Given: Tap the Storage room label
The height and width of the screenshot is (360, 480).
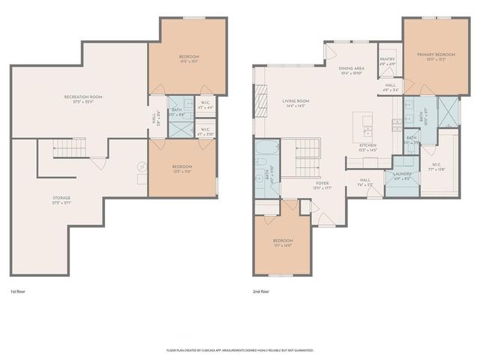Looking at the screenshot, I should (x=61, y=199).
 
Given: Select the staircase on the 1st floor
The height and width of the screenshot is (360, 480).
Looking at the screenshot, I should (x=71, y=150).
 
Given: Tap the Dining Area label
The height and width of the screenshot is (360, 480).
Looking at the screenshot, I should (x=352, y=69).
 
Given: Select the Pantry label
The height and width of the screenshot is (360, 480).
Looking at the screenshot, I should (x=388, y=61).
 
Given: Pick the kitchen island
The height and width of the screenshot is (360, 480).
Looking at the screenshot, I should (x=367, y=121).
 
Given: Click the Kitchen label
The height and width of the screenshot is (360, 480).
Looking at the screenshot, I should (x=367, y=147).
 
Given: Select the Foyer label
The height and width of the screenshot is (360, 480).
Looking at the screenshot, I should (x=322, y=183).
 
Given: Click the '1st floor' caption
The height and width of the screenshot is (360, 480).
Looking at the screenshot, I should (x=18, y=291).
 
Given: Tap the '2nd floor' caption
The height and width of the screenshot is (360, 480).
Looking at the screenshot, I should (x=262, y=291).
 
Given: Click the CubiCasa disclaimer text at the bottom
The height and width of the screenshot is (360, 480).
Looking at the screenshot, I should (x=239, y=349).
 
